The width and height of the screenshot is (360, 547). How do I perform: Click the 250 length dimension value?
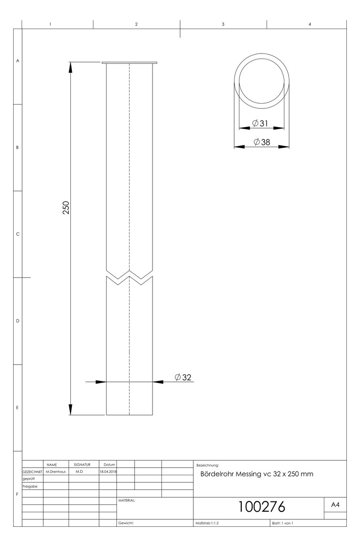[x=66, y=207]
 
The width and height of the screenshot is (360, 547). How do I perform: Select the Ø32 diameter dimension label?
[x=183, y=377]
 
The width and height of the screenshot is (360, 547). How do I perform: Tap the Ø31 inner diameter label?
[x=260, y=123]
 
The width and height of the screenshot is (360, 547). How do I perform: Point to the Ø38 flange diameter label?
[x=262, y=142]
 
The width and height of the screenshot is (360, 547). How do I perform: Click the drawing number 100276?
[x=261, y=507]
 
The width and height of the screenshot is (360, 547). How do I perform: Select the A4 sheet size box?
[x=335, y=504]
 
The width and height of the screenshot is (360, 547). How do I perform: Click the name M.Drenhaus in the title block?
[x=56, y=471]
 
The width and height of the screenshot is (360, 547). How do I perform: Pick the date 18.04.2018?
[x=108, y=471]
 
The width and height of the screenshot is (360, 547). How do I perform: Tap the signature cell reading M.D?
[x=79, y=471]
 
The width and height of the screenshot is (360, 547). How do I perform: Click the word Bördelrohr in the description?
[x=217, y=474]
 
